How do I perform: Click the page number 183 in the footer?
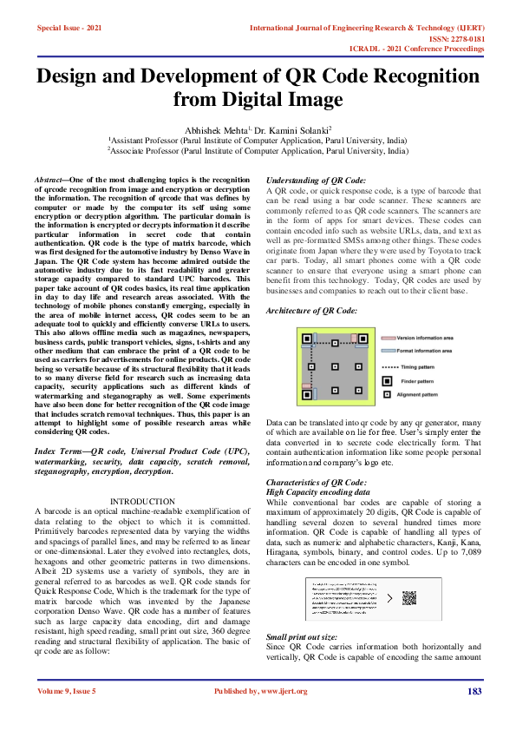(474, 691)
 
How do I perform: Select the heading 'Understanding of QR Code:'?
(316, 180)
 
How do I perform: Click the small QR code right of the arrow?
(410, 598)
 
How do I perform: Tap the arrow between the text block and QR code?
(389, 598)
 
